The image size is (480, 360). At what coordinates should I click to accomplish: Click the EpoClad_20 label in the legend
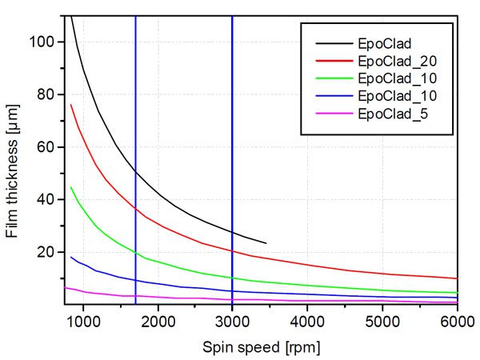click(x=397, y=59)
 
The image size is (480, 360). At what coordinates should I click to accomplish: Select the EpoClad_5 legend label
click(x=393, y=114)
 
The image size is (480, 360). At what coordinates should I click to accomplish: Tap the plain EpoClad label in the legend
click(x=385, y=41)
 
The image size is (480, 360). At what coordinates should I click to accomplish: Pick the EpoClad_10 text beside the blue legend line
click(x=397, y=96)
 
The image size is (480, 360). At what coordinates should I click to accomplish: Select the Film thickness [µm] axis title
click(x=14, y=160)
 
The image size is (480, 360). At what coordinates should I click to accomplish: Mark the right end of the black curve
click(x=266, y=242)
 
